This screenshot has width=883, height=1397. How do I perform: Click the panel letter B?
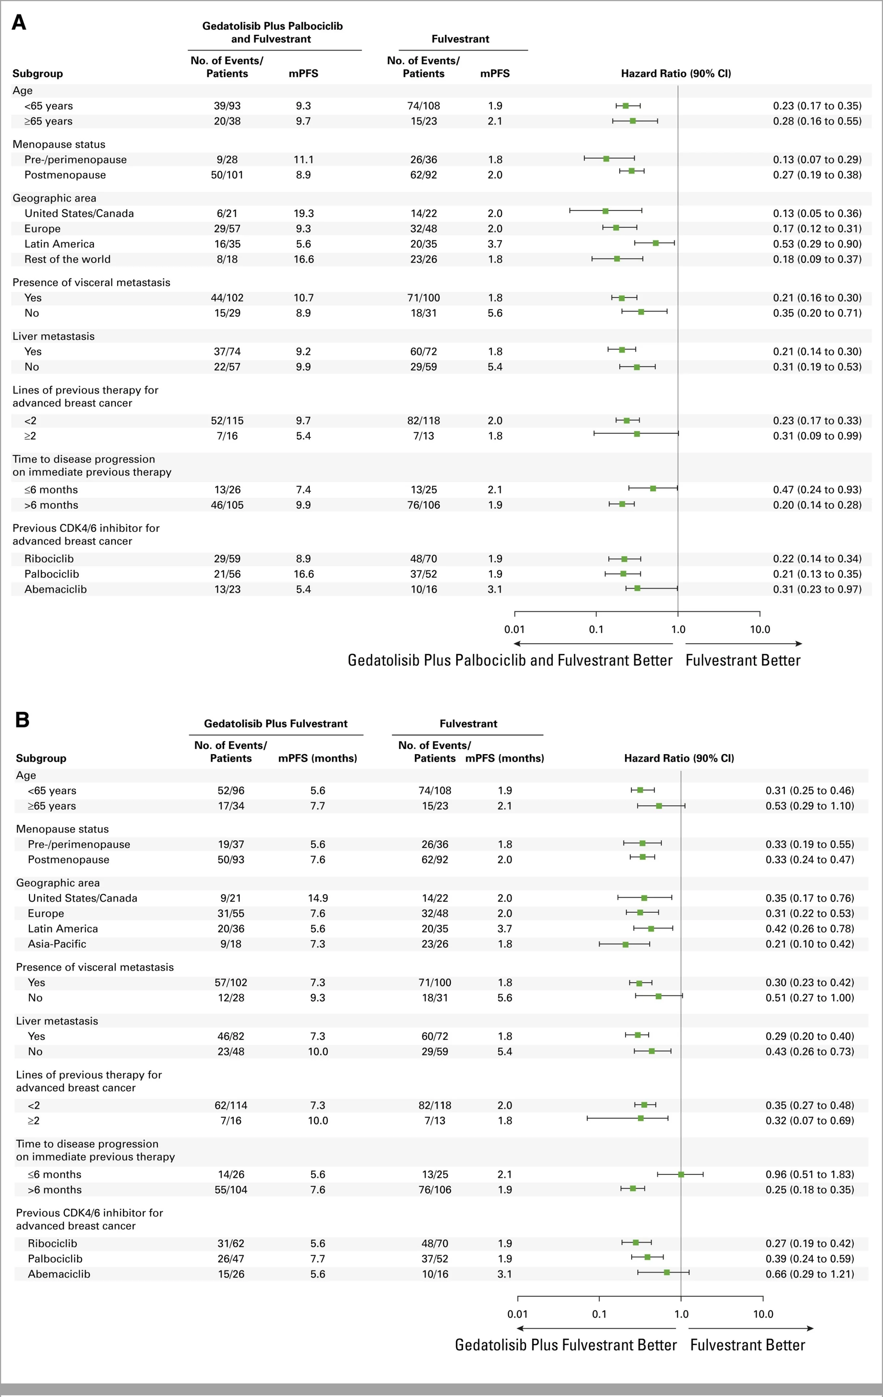22,720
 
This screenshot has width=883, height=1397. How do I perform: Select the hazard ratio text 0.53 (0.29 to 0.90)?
817,244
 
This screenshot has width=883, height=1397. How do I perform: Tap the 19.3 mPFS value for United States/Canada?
303,213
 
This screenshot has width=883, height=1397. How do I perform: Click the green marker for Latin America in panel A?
655,243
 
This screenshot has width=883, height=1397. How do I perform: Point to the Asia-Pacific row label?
57,944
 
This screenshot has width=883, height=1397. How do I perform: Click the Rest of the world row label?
67,259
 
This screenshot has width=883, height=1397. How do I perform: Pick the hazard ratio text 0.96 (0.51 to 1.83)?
810,1174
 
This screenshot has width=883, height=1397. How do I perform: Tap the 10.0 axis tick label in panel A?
760,630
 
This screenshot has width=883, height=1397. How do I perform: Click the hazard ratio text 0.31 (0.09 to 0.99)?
817,436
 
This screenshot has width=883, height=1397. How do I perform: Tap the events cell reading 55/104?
231,1189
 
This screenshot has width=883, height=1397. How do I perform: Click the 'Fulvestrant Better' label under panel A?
743,660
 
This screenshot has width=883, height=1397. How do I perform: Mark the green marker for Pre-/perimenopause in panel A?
606,158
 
